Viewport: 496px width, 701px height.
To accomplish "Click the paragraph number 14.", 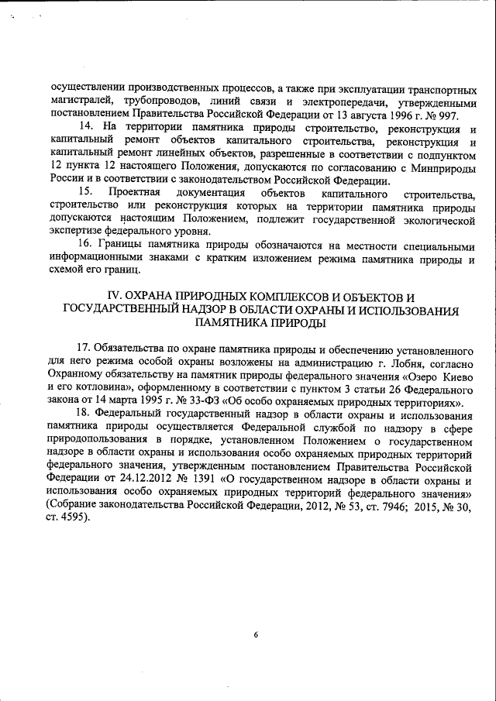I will tap(87, 127).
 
